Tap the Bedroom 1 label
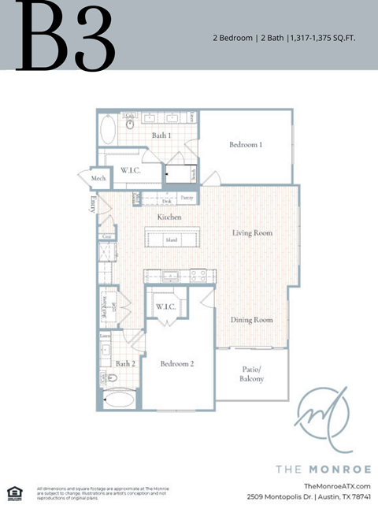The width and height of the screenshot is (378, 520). (246, 145)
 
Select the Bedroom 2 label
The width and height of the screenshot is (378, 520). (177, 364)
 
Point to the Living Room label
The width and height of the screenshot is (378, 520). (252, 233)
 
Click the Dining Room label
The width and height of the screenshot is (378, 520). (252, 320)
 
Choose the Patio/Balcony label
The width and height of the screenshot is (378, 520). (252, 374)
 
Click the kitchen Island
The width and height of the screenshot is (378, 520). (171, 240)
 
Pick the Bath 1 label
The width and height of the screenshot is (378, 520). (161, 136)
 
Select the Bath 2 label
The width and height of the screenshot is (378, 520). (125, 364)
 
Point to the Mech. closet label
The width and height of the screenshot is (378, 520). (98, 179)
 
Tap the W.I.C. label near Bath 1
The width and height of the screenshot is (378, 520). (130, 170)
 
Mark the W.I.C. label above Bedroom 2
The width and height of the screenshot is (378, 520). (165, 306)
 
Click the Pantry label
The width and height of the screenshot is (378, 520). (187, 198)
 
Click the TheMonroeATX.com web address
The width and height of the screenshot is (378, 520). (336, 486)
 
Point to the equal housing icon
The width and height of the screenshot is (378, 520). (14, 494)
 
